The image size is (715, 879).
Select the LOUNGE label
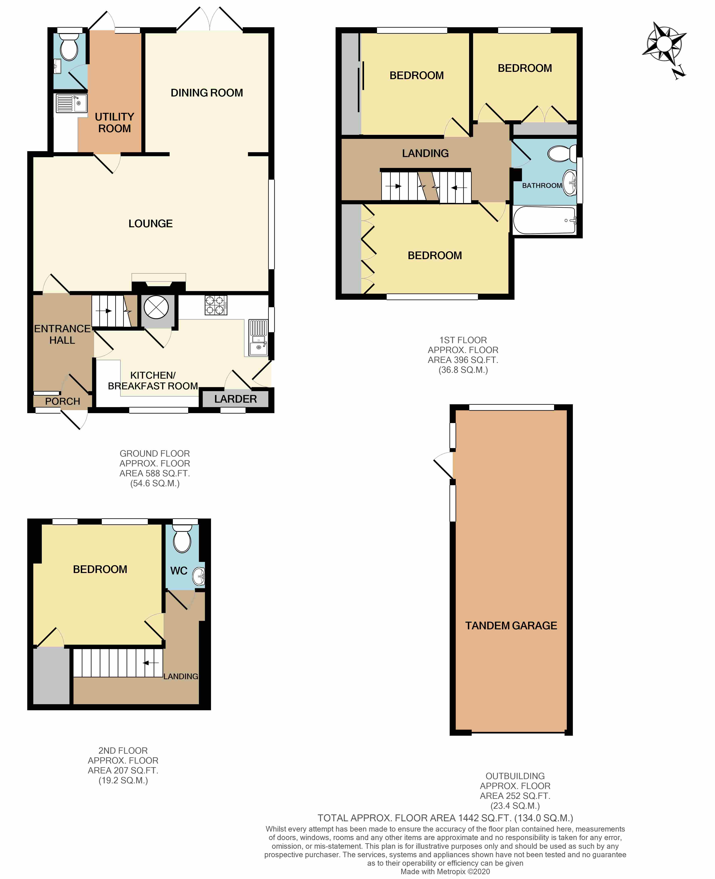click(x=150, y=224)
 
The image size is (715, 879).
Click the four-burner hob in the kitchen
click(x=216, y=306)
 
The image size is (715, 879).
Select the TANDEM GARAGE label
click(x=511, y=626)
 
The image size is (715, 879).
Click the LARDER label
click(x=235, y=399)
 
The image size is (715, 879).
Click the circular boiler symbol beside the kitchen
click(x=156, y=307)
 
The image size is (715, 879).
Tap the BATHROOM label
click(x=542, y=186)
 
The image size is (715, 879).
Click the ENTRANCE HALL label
click(x=62, y=334)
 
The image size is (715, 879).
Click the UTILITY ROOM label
click(x=114, y=123)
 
